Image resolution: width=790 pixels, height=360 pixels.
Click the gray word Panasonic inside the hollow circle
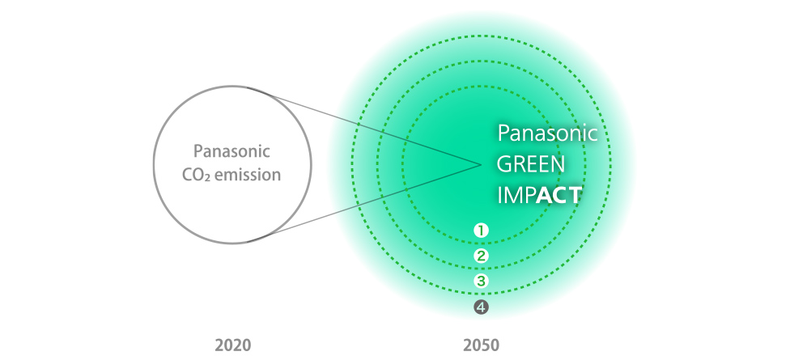pyautogui.click(x=232, y=151)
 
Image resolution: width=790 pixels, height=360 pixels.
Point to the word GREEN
pyautogui.click(x=530, y=164)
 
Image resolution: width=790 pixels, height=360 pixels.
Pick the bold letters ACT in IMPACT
pyautogui.click(x=559, y=195)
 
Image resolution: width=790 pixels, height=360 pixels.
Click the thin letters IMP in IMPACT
pyautogui.click(x=516, y=195)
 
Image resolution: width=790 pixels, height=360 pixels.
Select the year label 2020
pyautogui.click(x=232, y=345)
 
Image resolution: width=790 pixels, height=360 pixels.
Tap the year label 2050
pyautogui.click(x=481, y=345)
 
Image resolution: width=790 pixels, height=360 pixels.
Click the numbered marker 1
pyautogui.click(x=481, y=231)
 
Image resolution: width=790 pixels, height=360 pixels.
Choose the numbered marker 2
pyautogui.click(x=481, y=256)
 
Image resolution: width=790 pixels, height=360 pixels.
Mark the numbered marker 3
pyautogui.click(x=481, y=281)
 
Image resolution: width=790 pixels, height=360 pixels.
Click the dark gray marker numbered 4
pyautogui.click(x=481, y=307)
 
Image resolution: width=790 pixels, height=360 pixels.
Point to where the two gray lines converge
pyautogui.click(x=481, y=164)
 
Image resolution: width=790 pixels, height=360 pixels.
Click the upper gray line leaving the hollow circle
pyautogui.click(x=363, y=126)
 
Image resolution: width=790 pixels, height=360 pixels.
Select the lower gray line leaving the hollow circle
pyautogui.click(x=363, y=203)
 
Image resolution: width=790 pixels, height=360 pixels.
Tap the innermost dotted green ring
pyautogui.click(x=402, y=164)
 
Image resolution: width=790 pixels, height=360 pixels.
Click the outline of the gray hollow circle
pyautogui.click(x=153, y=164)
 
